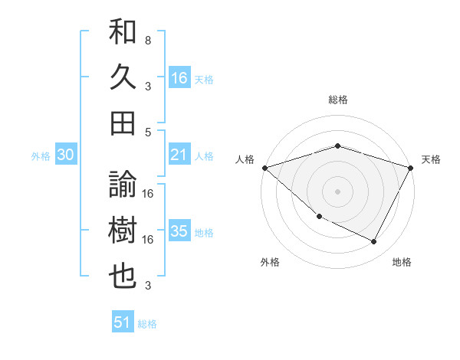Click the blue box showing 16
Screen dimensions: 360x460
pyautogui.click(x=179, y=77)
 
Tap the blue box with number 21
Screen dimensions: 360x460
pyautogui.click(x=179, y=155)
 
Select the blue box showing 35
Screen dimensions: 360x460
pyautogui.click(x=179, y=231)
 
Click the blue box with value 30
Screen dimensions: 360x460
pyautogui.click(x=66, y=155)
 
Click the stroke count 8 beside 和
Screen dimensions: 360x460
pyautogui.click(x=147, y=39)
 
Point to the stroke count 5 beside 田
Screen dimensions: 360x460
pyautogui.click(x=147, y=132)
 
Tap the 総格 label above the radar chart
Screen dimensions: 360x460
pyautogui.click(x=337, y=100)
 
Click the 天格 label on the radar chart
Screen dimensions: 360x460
pyautogui.click(x=431, y=159)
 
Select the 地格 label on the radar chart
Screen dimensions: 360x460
pyautogui.click(x=402, y=262)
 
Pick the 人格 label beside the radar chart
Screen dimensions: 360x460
pyautogui.click(x=245, y=159)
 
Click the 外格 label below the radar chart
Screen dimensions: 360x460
pyautogui.click(x=270, y=262)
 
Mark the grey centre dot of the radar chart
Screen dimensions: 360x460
pyautogui.click(x=337, y=191)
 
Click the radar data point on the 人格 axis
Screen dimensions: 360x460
pyautogui.click(x=264, y=167)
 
